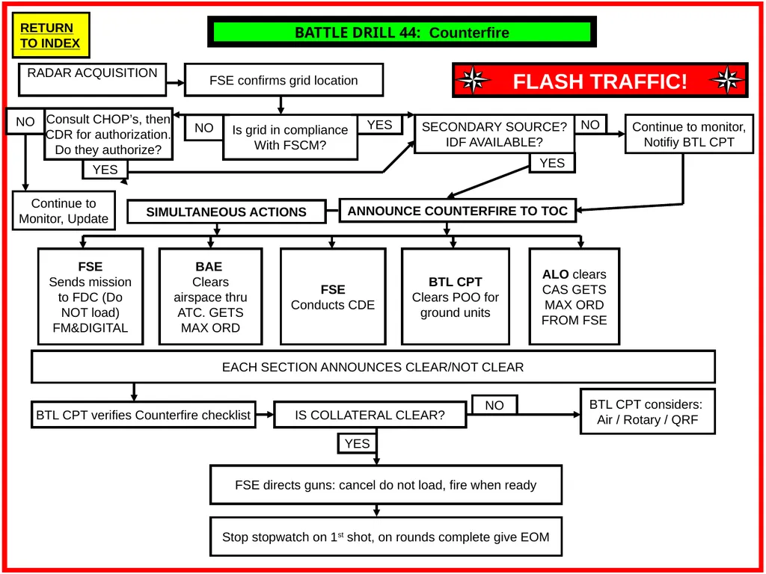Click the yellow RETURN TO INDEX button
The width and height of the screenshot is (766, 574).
point(51,35)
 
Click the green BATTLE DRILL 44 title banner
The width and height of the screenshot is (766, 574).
point(402,32)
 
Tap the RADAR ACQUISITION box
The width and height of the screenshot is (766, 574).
point(92,79)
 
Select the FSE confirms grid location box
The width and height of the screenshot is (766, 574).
point(284,80)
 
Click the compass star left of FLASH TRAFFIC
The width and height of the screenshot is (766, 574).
point(473,81)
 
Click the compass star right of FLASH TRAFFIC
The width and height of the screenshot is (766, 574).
point(727,80)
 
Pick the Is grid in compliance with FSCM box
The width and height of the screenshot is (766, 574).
point(290,138)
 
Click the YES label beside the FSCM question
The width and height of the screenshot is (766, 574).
point(379,125)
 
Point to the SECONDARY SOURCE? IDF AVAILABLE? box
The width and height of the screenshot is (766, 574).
point(494,135)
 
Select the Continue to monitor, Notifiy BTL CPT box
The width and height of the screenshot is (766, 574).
point(689,135)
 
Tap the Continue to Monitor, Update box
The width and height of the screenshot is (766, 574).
point(64,210)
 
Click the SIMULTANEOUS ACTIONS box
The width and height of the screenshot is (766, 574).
point(226,212)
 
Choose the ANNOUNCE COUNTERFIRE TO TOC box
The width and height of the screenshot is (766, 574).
point(458,211)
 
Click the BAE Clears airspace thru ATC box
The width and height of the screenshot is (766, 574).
point(210,297)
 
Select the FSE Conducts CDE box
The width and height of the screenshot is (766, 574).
point(333,297)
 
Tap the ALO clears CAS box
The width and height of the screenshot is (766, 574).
point(574,297)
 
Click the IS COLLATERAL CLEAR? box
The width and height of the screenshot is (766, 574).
point(370,415)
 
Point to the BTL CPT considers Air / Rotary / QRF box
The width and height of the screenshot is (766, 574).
point(648,412)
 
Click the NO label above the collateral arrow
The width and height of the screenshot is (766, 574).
point(494,405)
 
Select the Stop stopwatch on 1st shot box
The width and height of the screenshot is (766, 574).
point(386,537)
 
